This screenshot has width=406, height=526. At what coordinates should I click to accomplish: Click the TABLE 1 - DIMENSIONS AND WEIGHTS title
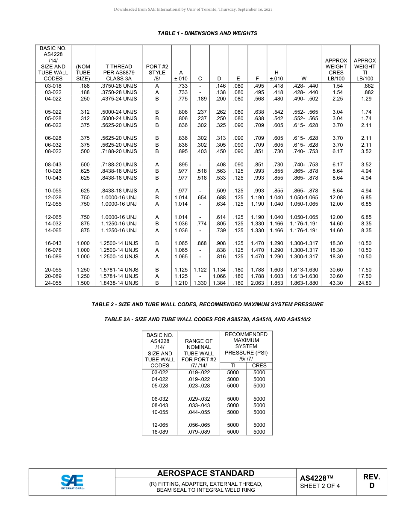coord(207,33)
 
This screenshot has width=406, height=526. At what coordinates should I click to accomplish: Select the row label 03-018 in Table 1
coord(53,86)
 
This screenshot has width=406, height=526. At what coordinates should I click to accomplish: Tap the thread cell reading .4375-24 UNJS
coord(118,99)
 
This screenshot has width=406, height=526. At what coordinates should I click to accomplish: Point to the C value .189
coord(200,99)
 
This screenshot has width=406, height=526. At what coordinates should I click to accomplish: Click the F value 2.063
coord(257,283)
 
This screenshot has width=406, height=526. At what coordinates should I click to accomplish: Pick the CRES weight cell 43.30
coord(336,283)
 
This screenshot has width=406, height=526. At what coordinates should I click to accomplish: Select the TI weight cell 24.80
coord(365,283)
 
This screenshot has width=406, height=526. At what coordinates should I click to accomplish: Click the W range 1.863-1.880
coord(304,283)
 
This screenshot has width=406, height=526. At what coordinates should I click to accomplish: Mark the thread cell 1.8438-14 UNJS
coord(118,283)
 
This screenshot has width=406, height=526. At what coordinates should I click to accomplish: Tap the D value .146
coord(219,86)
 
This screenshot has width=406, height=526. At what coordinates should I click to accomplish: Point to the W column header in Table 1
coord(304,79)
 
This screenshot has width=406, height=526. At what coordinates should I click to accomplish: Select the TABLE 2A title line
coord(207,319)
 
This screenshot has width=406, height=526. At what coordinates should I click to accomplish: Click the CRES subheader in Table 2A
coord(259,366)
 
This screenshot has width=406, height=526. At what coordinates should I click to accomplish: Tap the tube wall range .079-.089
coord(199,432)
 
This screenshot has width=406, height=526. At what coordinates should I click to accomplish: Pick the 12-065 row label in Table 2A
coord(160,425)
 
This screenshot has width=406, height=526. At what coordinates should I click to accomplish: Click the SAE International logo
coord(72,482)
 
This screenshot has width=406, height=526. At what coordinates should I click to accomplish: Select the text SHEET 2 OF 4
coord(320,486)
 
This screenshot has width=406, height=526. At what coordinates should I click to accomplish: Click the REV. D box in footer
coord(371,482)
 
